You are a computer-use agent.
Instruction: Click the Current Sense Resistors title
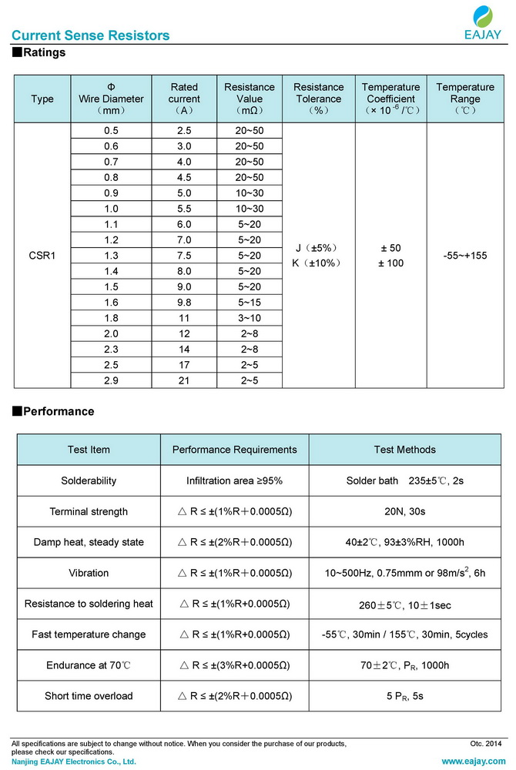coord(90,35)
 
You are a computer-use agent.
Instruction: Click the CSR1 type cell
coord(42,255)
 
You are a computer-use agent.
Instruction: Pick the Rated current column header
coord(184,99)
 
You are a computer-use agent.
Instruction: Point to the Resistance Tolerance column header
coord(318,99)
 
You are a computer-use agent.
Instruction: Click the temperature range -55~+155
coord(464,255)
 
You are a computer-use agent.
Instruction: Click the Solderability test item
coord(89,480)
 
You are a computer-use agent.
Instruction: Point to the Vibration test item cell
coord(89,573)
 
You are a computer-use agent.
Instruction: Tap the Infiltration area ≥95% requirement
coord(234,480)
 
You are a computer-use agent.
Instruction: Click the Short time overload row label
coord(89,696)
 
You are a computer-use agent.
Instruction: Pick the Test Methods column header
coord(404,450)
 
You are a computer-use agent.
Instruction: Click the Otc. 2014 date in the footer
coord(485,744)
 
